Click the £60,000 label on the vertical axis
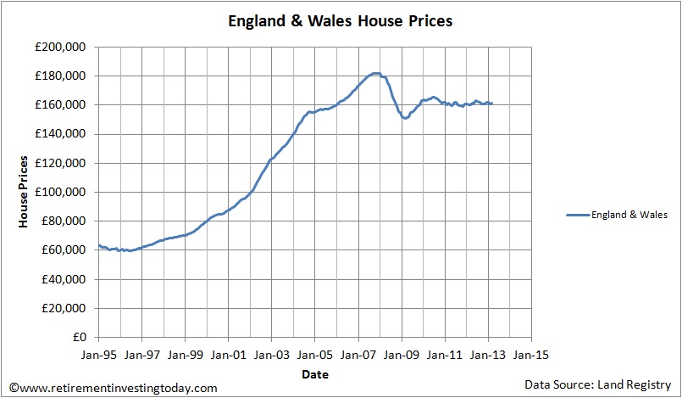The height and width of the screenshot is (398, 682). pyautogui.click(x=65, y=250)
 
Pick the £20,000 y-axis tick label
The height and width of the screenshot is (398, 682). pyautogui.click(x=65, y=308)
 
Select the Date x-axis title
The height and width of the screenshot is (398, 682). pyautogui.click(x=314, y=373)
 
